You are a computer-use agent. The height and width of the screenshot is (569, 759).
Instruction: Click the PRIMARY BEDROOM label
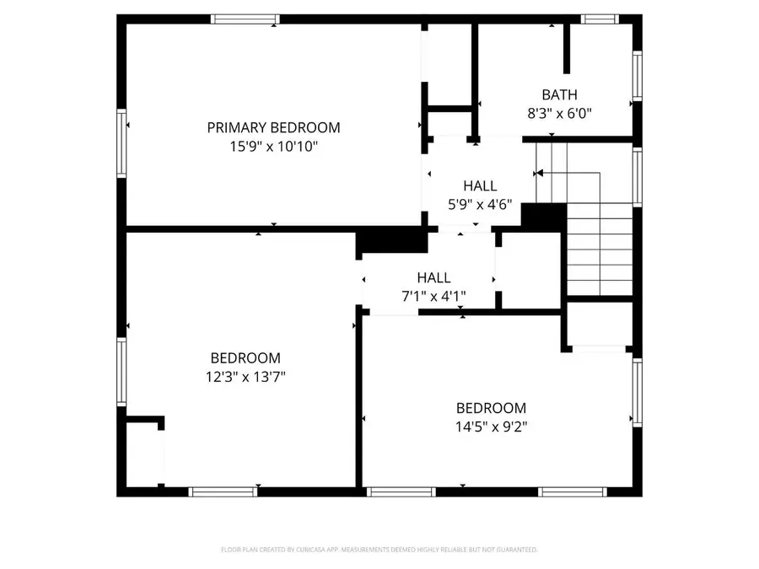click(273, 128)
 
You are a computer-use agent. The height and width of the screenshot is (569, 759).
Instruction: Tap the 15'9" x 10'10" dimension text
click(273, 147)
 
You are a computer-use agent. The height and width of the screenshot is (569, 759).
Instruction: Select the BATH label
click(559, 95)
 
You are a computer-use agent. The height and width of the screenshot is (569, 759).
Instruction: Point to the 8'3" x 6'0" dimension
click(559, 113)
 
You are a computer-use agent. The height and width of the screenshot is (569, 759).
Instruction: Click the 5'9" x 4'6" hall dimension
click(479, 204)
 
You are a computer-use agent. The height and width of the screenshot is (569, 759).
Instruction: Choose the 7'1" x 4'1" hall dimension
click(433, 296)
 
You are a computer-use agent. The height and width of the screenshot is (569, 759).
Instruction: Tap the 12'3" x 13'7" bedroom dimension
click(245, 377)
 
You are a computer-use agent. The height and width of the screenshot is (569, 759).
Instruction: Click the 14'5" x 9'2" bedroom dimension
click(491, 426)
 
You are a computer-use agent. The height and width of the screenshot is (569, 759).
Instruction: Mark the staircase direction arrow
click(540, 174)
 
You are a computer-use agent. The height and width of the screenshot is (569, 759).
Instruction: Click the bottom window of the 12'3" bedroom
click(223, 491)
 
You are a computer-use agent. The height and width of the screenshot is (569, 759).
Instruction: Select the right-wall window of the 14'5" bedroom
click(638, 392)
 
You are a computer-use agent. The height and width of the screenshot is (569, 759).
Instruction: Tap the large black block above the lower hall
click(392, 242)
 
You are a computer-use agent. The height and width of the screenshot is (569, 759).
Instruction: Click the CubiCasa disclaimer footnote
click(379, 550)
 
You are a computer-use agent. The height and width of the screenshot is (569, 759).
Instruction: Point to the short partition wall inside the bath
click(568, 49)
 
